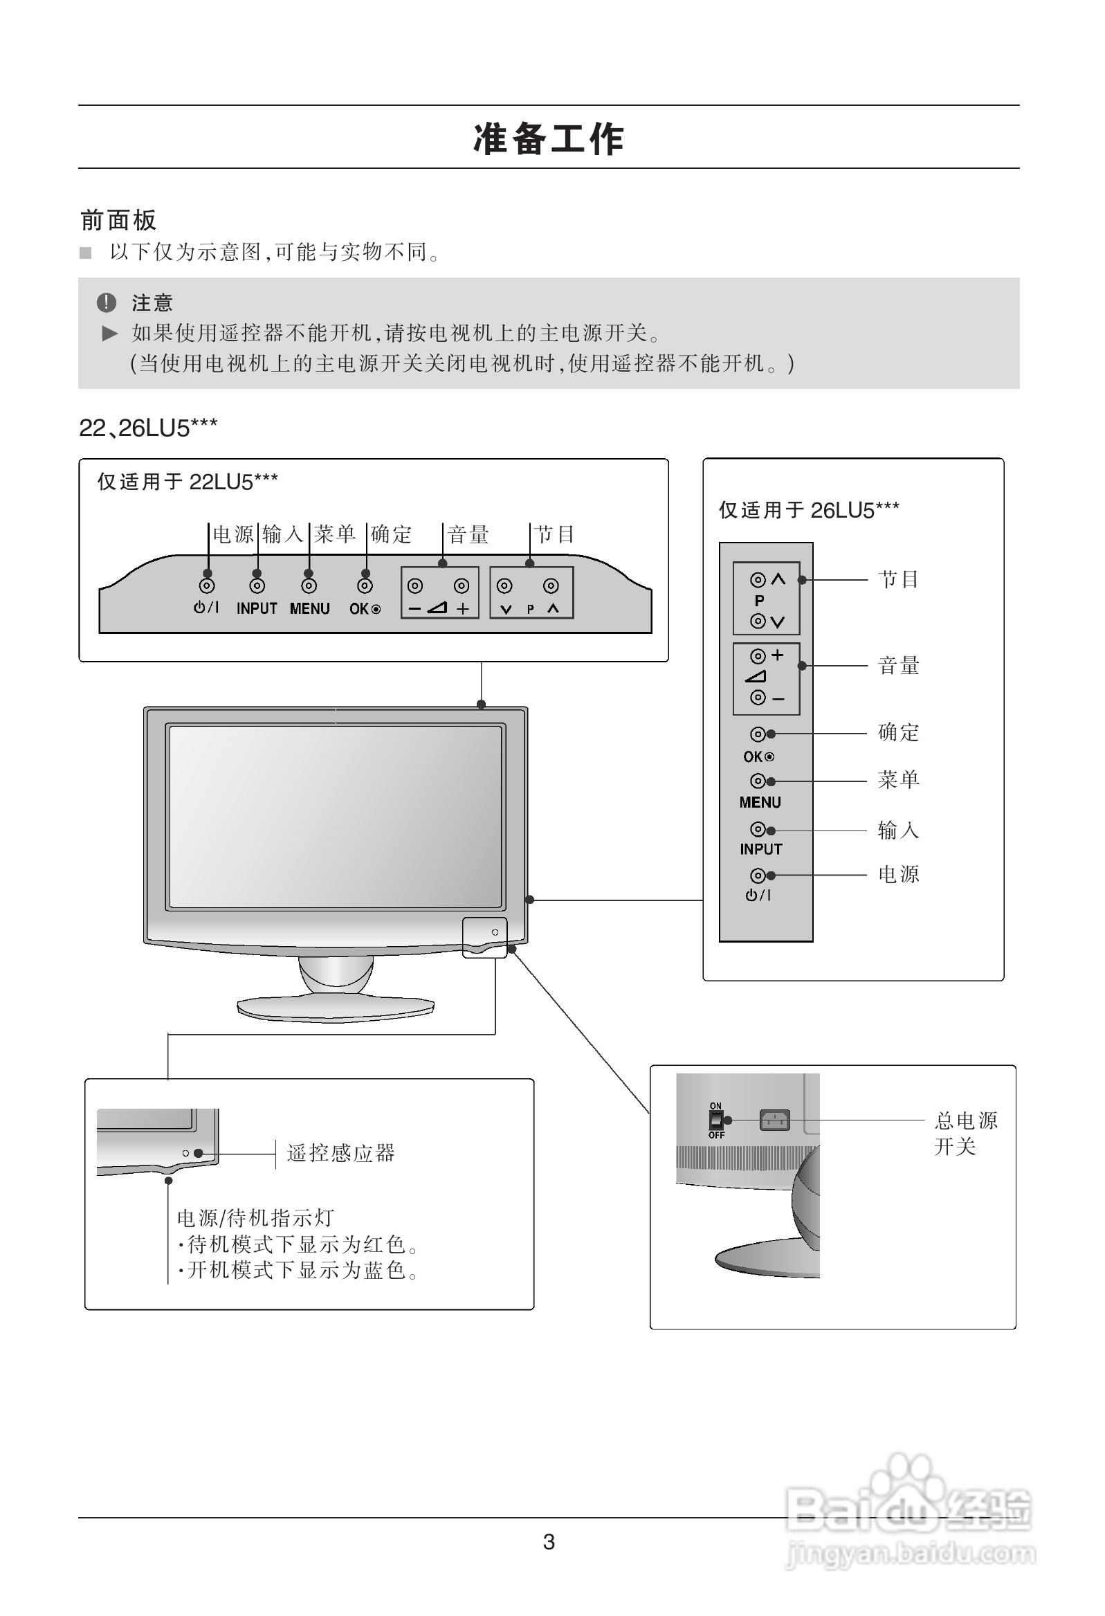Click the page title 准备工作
(549, 139)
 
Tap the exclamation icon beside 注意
(106, 302)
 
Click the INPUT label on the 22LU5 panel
(257, 608)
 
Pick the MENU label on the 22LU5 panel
(309, 608)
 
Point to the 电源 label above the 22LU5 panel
(233, 534)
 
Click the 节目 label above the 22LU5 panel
(554, 534)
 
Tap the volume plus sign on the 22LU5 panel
(463, 609)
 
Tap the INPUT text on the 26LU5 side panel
(761, 849)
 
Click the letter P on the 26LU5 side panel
(759, 600)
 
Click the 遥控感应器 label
(340, 1153)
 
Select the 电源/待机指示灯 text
(255, 1217)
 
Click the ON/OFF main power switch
(715, 1120)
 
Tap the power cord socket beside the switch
(774, 1120)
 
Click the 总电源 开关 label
(965, 1133)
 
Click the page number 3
(549, 1541)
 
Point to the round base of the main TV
(335, 1008)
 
